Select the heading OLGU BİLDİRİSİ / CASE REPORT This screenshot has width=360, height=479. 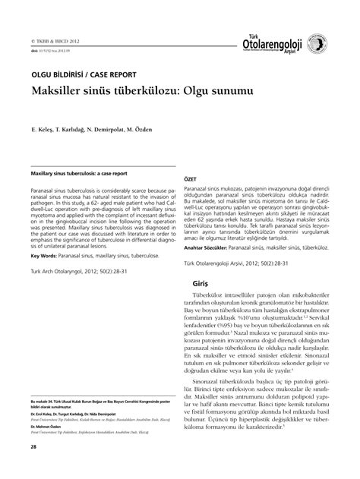(83, 74)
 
